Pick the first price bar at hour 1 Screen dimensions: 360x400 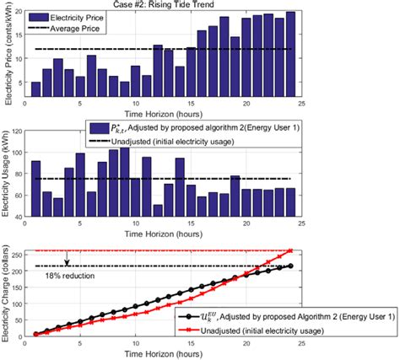click(x=35, y=89)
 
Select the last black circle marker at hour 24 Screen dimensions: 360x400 click(x=290, y=266)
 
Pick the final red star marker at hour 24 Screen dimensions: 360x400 click(x=290, y=250)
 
